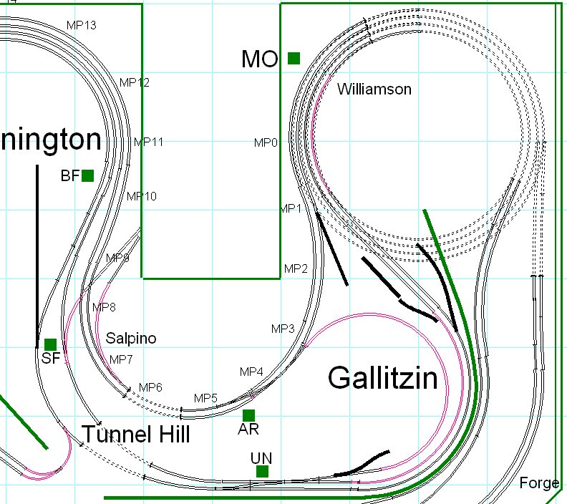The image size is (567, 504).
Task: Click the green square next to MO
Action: (294, 58)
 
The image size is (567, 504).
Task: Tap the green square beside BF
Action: (87, 175)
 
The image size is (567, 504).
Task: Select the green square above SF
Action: (50, 344)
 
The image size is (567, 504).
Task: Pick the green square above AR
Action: (248, 415)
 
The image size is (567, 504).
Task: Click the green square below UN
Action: (262, 471)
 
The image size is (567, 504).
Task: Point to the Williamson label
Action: (374, 89)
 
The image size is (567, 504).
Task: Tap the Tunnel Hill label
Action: (135, 434)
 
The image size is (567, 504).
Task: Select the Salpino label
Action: (131, 338)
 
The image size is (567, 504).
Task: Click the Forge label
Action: (539, 483)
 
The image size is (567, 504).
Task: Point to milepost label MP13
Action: (82, 25)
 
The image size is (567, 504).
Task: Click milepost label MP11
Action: (149, 142)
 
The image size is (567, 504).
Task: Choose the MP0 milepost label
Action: (266, 143)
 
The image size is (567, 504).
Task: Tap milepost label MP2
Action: (296, 269)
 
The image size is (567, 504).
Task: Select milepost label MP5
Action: (205, 398)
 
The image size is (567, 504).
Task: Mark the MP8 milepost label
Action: (104, 308)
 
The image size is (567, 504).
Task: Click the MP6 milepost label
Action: (150, 387)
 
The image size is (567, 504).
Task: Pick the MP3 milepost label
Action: (283, 329)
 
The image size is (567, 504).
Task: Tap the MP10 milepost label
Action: (142, 196)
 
